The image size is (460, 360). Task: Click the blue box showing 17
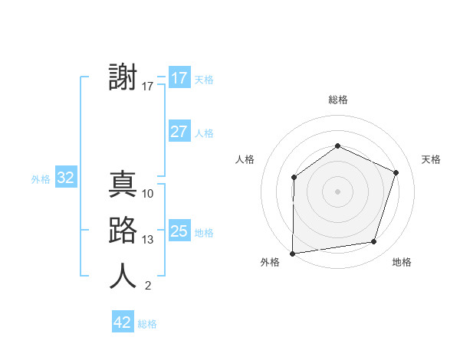tap(179, 78)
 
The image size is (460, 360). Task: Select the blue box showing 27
tap(179, 132)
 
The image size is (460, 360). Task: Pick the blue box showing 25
tap(179, 231)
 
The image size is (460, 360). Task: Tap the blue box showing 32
tap(66, 178)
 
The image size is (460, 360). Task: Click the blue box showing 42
tap(123, 322)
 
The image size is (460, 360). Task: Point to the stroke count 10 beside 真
tap(148, 194)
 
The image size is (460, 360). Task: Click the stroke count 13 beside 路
tap(148, 240)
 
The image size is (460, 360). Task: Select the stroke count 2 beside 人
tap(148, 286)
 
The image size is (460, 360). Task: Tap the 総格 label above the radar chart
tap(337, 100)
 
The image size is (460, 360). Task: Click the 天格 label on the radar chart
tap(431, 159)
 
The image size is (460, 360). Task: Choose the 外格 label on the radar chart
tap(270, 262)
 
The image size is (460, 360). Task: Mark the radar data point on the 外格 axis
tap(293, 253)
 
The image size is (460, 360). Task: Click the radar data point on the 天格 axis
tap(396, 172)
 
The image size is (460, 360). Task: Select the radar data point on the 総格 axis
tap(337, 146)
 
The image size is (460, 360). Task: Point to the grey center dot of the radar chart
tap(337, 191)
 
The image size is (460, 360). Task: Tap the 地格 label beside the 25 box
tap(205, 232)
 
